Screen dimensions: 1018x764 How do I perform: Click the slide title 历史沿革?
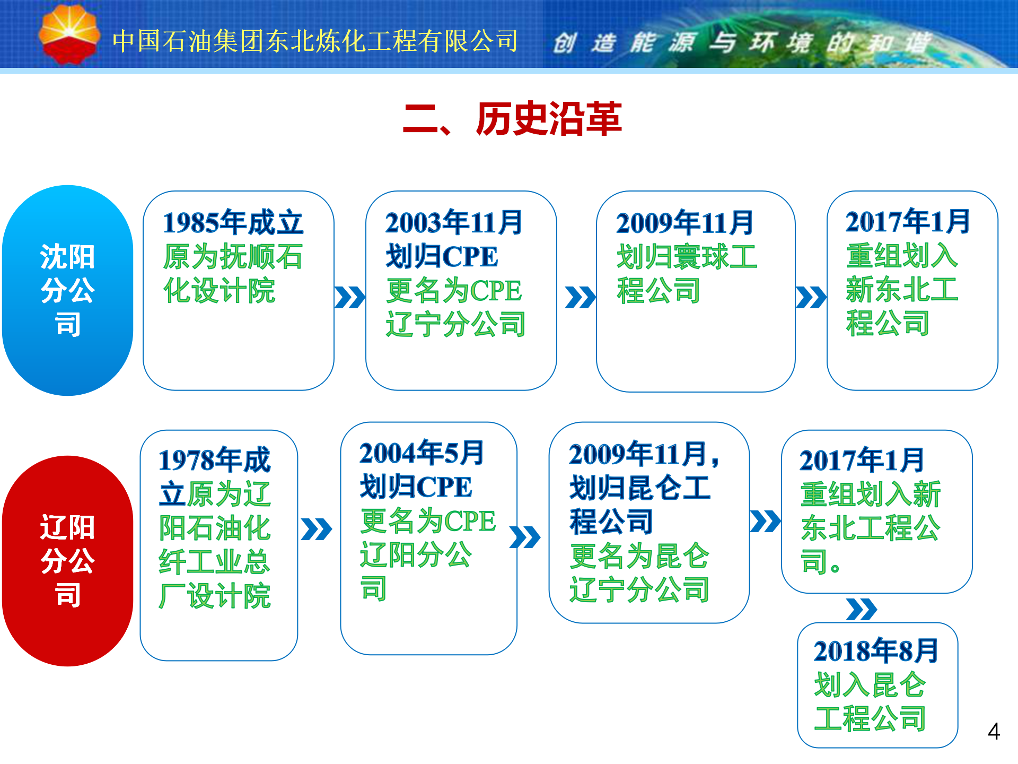[x=549, y=119]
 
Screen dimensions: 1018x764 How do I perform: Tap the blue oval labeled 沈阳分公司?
[x=68, y=290]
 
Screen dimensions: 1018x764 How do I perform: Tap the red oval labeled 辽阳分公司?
[x=68, y=561]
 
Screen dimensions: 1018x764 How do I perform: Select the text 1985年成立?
[x=233, y=222]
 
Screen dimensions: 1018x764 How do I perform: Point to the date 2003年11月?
[x=454, y=222]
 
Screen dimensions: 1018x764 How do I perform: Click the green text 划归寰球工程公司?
[x=687, y=274]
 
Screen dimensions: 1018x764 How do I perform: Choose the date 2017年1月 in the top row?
[x=908, y=221]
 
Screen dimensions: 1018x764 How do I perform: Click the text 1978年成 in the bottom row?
[x=215, y=460]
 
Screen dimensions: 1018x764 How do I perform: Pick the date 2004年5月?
[x=422, y=453]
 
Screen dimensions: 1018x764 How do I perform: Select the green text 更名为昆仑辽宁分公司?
[x=639, y=572]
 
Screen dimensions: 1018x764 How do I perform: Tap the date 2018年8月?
[x=876, y=651]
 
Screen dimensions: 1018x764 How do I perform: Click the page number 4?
[x=994, y=732]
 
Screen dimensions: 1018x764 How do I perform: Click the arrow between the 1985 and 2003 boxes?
[x=350, y=297]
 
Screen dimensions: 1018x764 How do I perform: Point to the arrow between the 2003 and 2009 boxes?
[x=581, y=297]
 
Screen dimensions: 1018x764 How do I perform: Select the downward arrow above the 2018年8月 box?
[x=862, y=609]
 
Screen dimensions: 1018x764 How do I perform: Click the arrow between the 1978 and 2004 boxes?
[x=316, y=529]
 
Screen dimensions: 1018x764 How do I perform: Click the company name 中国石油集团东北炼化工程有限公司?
[x=315, y=41]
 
